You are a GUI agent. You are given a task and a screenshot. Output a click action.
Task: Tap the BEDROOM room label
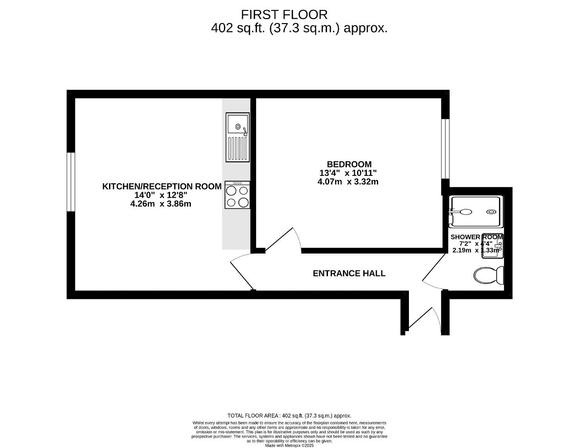(x=349, y=164)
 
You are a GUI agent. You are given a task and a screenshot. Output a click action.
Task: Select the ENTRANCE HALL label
(x=349, y=274)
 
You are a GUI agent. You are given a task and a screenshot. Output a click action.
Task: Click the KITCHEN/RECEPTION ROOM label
(x=162, y=186)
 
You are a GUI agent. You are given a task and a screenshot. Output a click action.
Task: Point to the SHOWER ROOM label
(x=476, y=237)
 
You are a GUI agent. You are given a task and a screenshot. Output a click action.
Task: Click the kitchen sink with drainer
(x=237, y=137)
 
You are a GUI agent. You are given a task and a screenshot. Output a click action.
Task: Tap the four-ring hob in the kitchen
(x=237, y=195)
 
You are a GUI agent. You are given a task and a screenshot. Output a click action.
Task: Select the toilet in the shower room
(x=489, y=275)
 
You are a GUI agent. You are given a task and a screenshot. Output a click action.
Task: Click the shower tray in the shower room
(x=475, y=211)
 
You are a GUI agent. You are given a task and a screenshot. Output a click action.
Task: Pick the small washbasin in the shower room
(x=491, y=247)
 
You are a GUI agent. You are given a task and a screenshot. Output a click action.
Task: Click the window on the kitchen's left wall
(x=71, y=182)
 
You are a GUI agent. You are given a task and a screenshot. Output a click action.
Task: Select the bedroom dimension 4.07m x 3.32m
(x=348, y=182)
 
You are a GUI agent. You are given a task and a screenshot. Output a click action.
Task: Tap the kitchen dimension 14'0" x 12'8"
(x=161, y=195)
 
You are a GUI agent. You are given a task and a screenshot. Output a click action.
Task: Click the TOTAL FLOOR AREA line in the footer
(x=289, y=416)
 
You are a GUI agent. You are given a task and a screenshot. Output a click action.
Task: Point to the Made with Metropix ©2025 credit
(x=289, y=445)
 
